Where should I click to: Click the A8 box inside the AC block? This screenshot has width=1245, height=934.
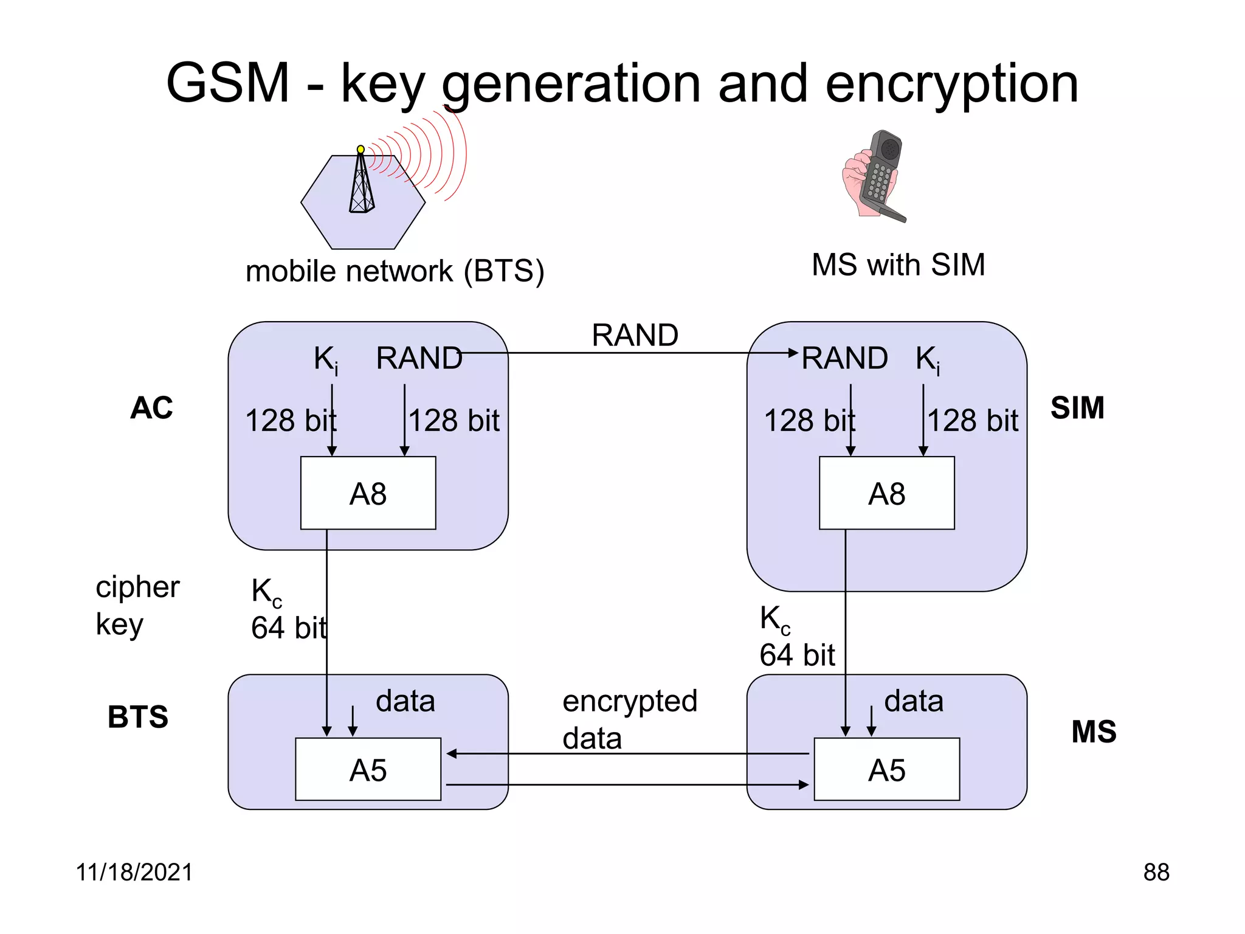[x=368, y=493]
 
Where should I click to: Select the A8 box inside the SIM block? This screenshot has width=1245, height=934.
[x=886, y=493]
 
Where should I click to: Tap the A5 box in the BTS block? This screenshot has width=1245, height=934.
[x=368, y=769]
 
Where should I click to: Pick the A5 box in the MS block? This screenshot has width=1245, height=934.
[x=886, y=769]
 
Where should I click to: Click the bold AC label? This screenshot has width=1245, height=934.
[x=151, y=407]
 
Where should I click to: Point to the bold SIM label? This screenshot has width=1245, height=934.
[x=1077, y=407]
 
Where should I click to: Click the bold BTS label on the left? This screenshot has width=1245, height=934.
[x=138, y=716]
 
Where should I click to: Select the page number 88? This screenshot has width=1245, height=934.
[x=1156, y=872]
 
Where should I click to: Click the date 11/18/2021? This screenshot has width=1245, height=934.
[x=134, y=872]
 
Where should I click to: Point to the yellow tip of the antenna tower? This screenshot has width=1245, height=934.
[x=360, y=149]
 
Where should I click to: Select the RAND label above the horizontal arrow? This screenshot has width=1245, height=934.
[x=635, y=335]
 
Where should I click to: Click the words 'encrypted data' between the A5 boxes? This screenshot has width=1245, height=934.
[x=629, y=719]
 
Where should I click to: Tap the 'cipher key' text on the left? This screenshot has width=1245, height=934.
[x=137, y=605]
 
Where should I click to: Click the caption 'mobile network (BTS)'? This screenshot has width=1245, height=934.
[x=395, y=271]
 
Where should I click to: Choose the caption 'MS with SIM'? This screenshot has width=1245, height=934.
[x=898, y=265]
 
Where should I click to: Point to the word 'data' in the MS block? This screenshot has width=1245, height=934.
[x=913, y=700]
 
